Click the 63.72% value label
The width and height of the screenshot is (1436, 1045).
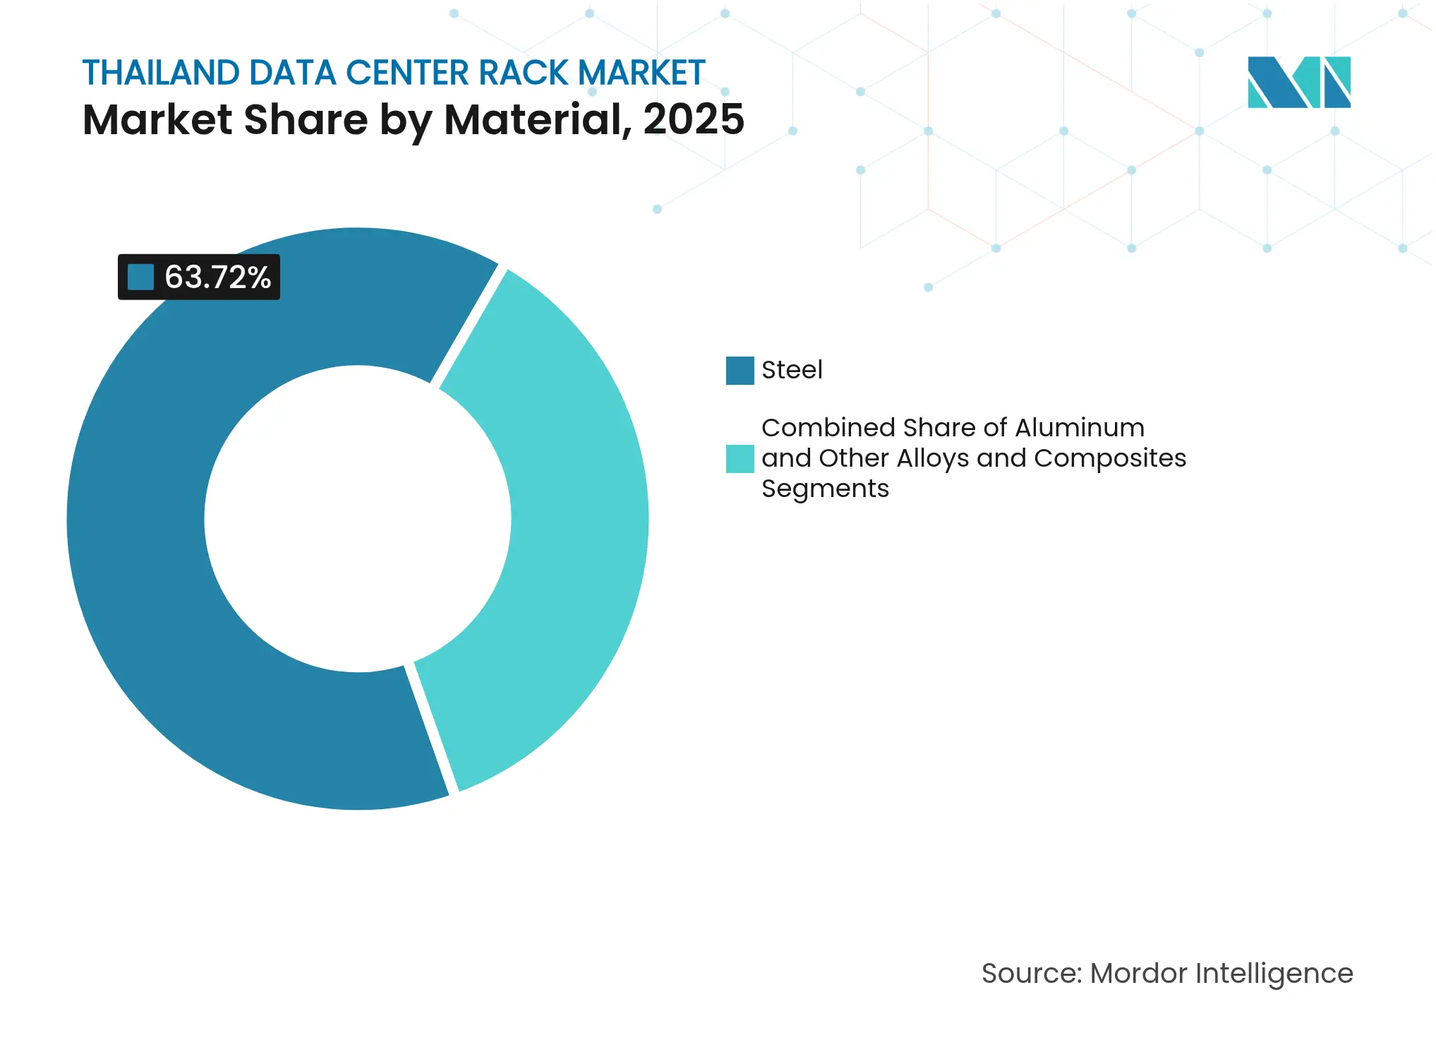pos(217,277)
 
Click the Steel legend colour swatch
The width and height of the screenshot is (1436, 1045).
pos(740,371)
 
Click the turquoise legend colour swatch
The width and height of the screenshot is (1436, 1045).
pos(740,458)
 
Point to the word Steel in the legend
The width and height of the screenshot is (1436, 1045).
pos(792,370)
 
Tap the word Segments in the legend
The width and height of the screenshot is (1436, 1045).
pos(825,489)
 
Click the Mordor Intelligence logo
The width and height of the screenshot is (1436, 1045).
pos(1298,82)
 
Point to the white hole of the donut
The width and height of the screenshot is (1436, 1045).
pos(358,519)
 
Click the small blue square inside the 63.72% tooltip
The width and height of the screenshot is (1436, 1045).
pos(140,277)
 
